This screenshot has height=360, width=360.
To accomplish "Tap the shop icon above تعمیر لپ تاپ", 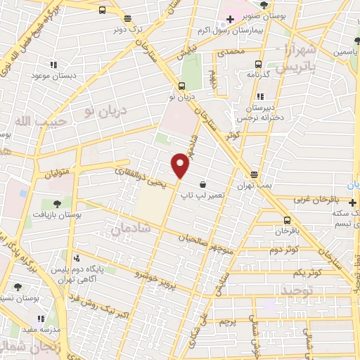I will pyautogui.click(x=202, y=184).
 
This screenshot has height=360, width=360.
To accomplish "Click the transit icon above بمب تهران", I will pyautogui.click(x=254, y=174).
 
